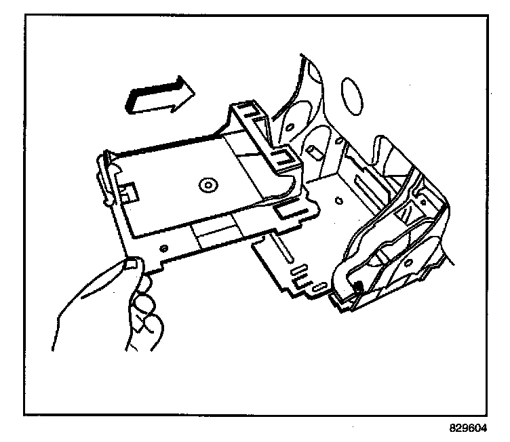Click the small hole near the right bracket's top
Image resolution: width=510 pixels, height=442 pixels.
coord(424,201)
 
